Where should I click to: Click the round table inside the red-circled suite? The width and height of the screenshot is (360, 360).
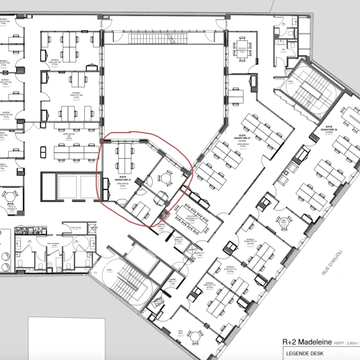(x=165, y=178)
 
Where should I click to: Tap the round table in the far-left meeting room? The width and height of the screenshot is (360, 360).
(x=10, y=199)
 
